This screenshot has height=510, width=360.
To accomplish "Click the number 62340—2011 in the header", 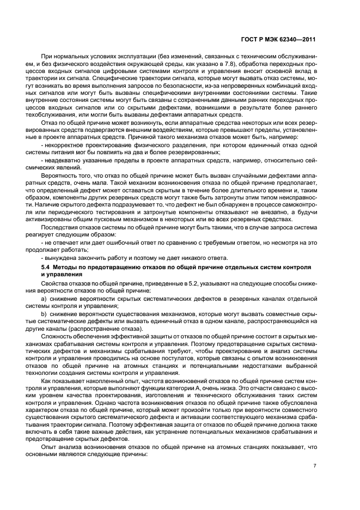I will (298, 40).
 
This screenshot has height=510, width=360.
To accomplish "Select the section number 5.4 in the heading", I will (47, 268).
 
